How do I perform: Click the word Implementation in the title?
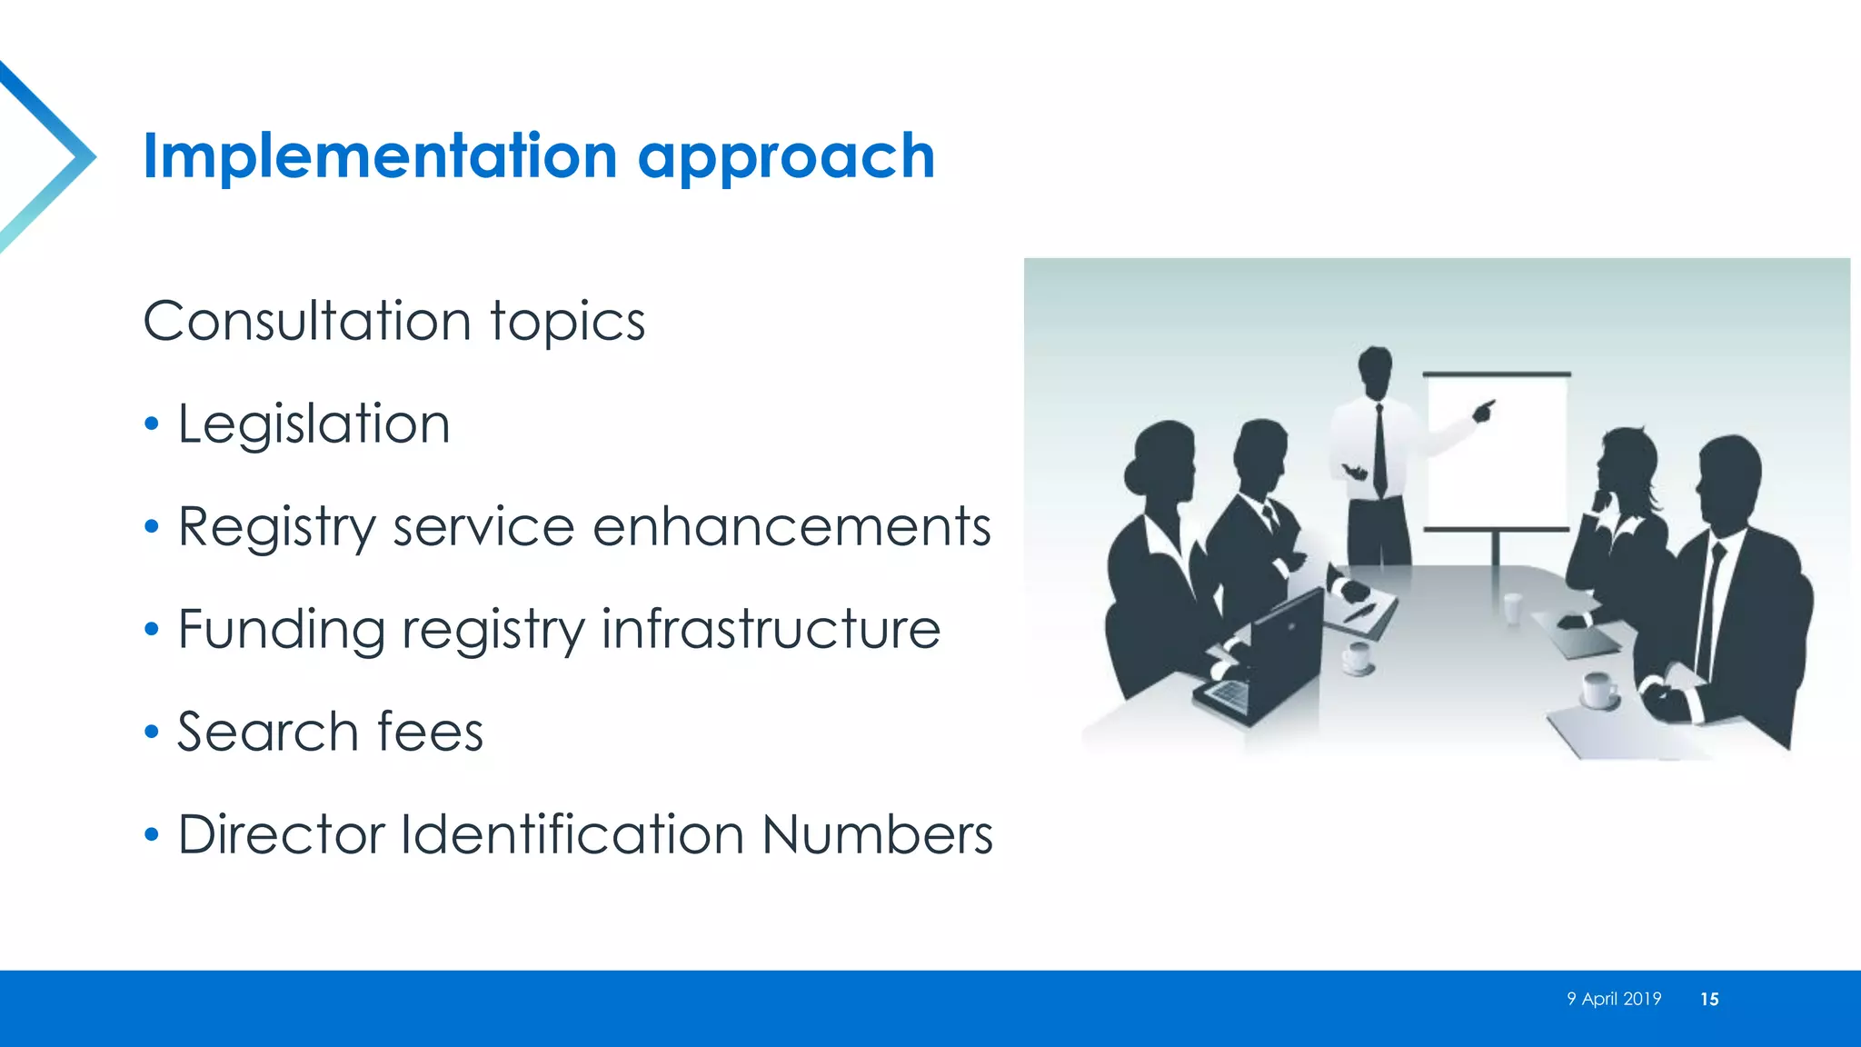380,156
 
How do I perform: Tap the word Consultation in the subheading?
306,321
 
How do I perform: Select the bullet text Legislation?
313,424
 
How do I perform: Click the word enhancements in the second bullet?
791,526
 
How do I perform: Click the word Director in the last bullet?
282,834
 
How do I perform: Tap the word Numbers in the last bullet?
877,834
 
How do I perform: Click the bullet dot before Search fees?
152,732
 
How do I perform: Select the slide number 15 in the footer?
1708,999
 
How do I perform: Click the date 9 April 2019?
1613,999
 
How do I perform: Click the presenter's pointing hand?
1483,411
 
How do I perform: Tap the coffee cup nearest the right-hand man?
1597,690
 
